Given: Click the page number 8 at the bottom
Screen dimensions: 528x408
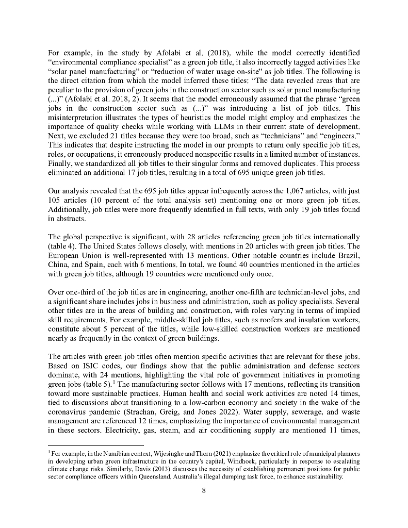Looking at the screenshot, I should coord(204,490).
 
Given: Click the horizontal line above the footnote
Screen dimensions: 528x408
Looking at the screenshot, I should coord(95,445).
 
